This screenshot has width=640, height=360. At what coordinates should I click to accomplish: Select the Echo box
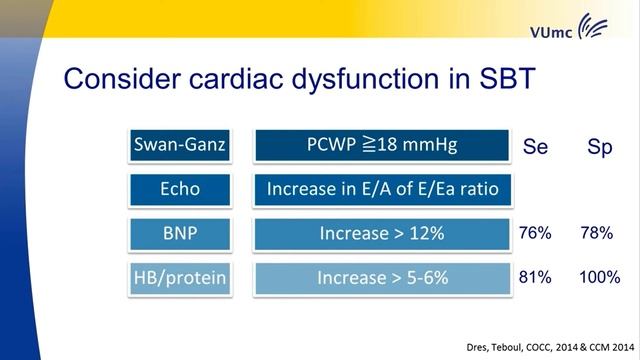180,190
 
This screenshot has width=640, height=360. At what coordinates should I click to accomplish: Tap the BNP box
180,233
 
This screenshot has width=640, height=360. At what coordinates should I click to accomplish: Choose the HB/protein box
180,277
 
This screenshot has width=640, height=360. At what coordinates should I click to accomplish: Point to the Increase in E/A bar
381,190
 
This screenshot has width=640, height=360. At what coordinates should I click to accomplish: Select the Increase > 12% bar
381,233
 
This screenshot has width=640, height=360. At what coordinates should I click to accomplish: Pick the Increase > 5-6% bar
381,277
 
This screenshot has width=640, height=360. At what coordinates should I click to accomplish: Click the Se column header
535,148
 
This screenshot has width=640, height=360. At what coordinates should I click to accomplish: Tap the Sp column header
599,148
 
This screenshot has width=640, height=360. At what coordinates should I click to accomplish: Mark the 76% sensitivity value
535,233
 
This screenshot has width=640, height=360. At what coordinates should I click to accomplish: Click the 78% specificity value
598,233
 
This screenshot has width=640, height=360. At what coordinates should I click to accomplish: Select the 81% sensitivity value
535,277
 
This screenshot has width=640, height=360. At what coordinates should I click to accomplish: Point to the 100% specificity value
598,277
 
